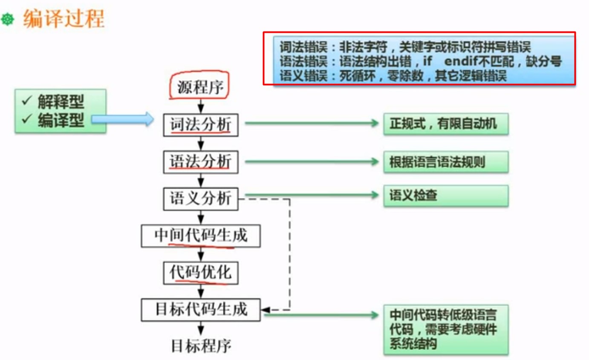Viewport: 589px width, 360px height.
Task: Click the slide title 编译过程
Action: click(x=64, y=20)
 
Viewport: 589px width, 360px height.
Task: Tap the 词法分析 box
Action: click(x=200, y=125)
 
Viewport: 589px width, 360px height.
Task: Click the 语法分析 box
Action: click(x=200, y=162)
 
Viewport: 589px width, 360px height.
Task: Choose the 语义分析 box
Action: click(x=200, y=198)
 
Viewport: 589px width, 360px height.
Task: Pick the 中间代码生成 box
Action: click(x=200, y=236)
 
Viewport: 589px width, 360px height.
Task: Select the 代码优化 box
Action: click(x=200, y=273)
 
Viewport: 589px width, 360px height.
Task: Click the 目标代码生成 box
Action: click(x=200, y=309)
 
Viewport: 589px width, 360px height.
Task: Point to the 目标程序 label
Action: click(x=201, y=346)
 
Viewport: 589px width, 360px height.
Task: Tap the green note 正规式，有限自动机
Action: click(x=445, y=124)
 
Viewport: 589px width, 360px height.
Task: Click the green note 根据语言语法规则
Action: click(x=445, y=162)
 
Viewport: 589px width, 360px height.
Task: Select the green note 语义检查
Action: click(x=445, y=196)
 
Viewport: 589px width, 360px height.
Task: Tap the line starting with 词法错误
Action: click(x=405, y=46)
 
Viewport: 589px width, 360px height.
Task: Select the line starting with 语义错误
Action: click(x=393, y=76)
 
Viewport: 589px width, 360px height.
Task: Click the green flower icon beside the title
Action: click(x=8, y=20)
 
